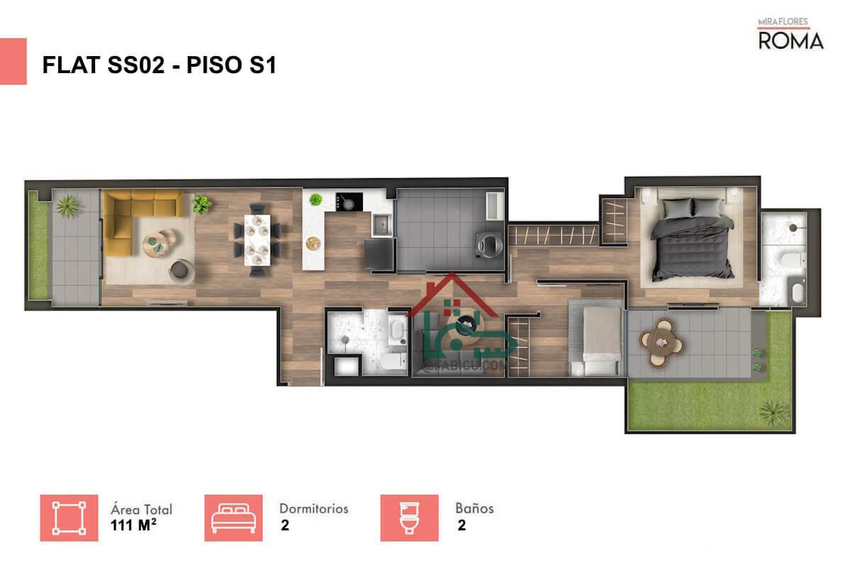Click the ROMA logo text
(791, 40)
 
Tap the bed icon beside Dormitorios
(233, 518)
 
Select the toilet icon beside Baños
(409, 518)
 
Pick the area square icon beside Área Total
(69, 518)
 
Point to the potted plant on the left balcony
(68, 205)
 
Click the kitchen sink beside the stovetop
(381, 224)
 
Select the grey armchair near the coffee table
(181, 269)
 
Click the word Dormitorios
(313, 509)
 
